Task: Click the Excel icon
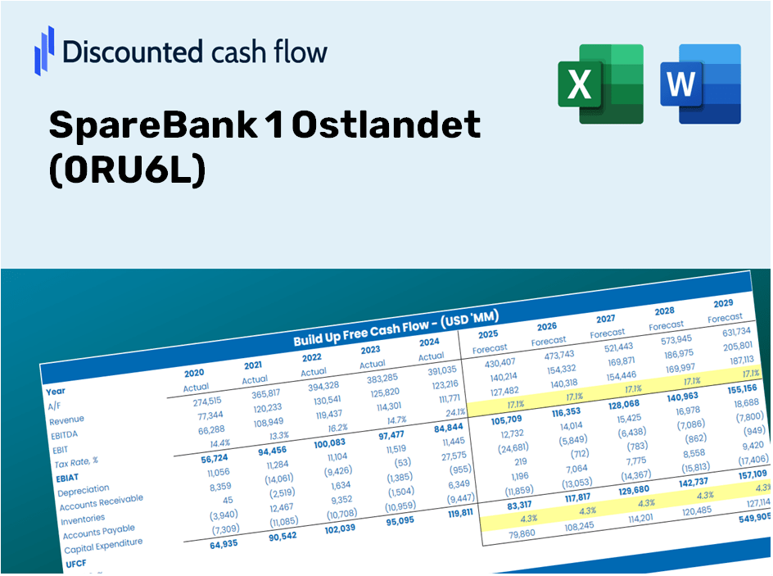pos(600,84)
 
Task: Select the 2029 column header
pos(724,303)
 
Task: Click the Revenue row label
pos(66,420)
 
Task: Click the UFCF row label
pos(75,564)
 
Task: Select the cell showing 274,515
pos(195,401)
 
